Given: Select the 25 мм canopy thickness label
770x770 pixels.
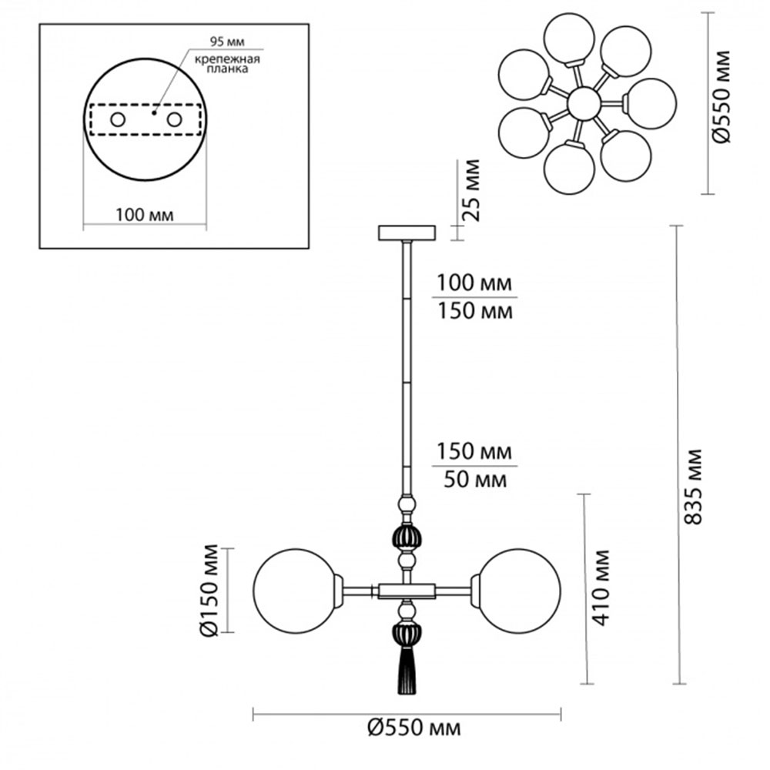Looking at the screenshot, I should coord(472,190).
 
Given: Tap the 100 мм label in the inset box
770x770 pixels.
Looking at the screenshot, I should coord(144,215).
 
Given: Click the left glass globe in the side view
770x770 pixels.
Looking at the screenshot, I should coord(295,591).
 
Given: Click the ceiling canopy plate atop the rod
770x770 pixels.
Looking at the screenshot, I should coord(407,232).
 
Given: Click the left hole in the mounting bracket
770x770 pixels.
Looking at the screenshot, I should coord(118,120).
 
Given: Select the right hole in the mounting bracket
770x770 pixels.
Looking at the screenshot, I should coord(175,120).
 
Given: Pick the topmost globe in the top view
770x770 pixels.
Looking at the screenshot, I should coord(567,40).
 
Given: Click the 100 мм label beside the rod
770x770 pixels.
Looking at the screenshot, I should coord(474,283).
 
